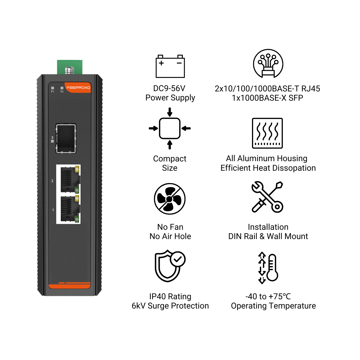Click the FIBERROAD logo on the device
point(78,88)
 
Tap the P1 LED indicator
point(53,88)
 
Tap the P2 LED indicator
point(62,88)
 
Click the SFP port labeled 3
point(66,138)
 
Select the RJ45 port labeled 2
point(69,179)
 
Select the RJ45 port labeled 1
point(69,209)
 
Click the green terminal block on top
point(70,67)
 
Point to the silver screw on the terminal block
point(69,70)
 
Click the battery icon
point(170,66)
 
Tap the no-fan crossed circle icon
point(170,199)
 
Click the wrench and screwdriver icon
point(267,197)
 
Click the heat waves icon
point(267,133)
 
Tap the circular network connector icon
point(268,64)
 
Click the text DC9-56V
point(169,89)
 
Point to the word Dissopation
point(293,168)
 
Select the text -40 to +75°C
point(268,296)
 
